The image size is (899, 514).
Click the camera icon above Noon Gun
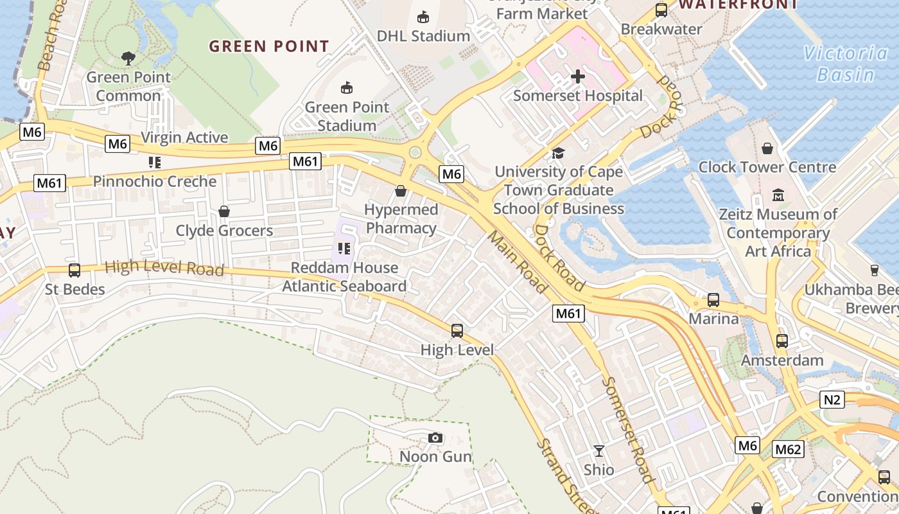(x=435, y=438)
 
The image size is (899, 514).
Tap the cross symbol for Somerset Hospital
(x=578, y=77)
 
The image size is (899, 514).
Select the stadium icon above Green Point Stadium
(x=347, y=87)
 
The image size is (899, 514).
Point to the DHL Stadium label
(x=423, y=36)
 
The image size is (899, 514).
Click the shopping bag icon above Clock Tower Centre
(x=767, y=148)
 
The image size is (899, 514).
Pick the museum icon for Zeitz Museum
(x=778, y=195)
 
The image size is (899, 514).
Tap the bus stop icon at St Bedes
(x=74, y=270)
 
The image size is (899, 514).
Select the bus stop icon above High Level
(x=457, y=331)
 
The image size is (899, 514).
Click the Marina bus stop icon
(x=713, y=300)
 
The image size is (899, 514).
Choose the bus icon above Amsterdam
(x=782, y=341)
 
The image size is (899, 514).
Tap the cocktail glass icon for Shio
(x=599, y=451)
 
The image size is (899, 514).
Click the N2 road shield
(x=832, y=400)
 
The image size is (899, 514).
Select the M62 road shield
(x=787, y=449)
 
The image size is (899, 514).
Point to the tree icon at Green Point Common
(x=128, y=58)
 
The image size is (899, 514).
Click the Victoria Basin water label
(x=846, y=64)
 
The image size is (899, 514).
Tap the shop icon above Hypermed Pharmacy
(x=401, y=191)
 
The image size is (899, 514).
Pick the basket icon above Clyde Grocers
(x=224, y=211)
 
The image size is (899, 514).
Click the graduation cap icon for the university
(x=558, y=153)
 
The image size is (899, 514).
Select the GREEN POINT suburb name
(x=269, y=46)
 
